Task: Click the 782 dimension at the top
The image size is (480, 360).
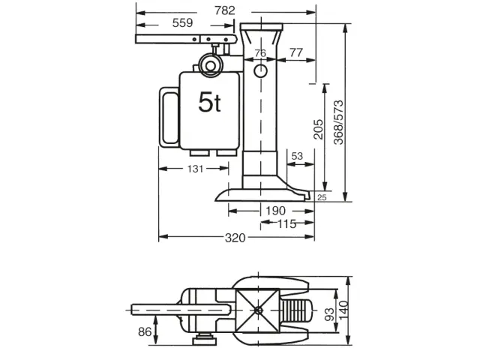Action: pyautogui.click(x=224, y=10)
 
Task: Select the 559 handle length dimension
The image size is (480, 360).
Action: pyautogui.click(x=182, y=23)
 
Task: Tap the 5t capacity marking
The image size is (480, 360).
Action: pyautogui.click(x=209, y=103)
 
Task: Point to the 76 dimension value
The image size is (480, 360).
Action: pyautogui.click(x=260, y=52)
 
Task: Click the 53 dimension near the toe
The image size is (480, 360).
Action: pyautogui.click(x=296, y=156)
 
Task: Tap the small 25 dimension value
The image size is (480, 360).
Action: pyautogui.click(x=321, y=197)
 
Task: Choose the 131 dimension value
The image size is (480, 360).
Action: pyautogui.click(x=195, y=169)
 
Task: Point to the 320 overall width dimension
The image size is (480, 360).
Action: pyautogui.click(x=235, y=238)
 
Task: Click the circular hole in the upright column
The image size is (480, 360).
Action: pyautogui.click(x=260, y=71)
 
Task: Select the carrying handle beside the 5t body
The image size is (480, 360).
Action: pyautogui.click(x=168, y=118)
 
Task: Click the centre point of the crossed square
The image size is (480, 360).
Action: pyautogui.click(x=259, y=310)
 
